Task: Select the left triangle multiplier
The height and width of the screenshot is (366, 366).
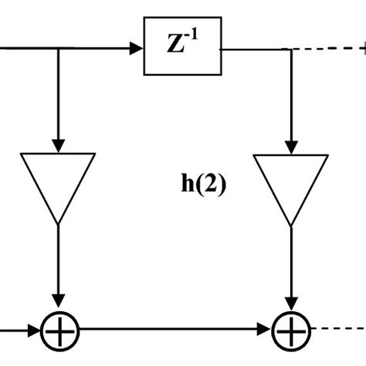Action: coord(59,182)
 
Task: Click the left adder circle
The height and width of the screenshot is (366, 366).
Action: coord(59,334)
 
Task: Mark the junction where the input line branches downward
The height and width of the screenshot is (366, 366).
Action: coord(59,48)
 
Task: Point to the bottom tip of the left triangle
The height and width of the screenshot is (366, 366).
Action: coord(59,223)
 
